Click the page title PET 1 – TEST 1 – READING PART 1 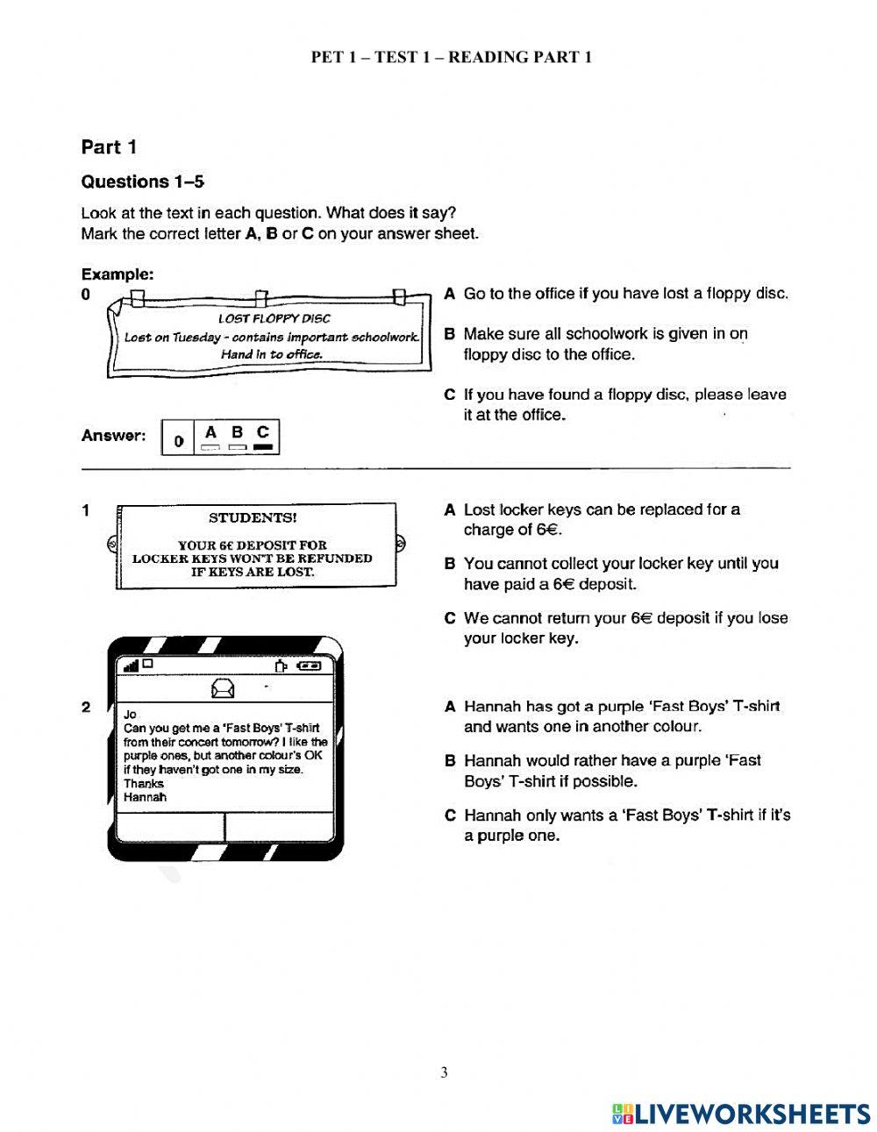click(452, 57)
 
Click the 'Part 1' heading click(109, 147)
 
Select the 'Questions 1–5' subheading click(142, 182)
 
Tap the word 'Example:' click(118, 274)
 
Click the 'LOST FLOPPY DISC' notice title click(274, 319)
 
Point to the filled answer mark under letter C click(263, 447)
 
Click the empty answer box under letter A click(210, 447)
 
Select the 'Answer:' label click(112, 436)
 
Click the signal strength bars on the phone click(132, 666)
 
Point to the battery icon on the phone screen click(310, 666)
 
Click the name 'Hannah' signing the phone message click(145, 797)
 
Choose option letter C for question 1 click(449, 618)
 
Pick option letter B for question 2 click(449, 761)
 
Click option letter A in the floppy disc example click(449, 294)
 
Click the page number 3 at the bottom click(444, 1072)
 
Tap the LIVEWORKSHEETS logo click(741, 1114)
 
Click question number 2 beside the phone click(85, 707)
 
